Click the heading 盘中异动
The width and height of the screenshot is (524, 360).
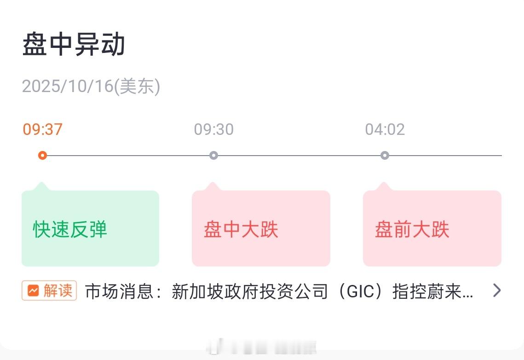[74, 45]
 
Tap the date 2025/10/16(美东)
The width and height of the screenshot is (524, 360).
[91, 86]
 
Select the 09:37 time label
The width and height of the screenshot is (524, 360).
[42, 129]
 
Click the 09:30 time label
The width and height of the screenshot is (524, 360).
[213, 129]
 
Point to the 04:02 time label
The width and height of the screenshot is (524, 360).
[385, 129]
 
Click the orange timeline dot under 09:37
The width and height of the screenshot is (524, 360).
[42, 156]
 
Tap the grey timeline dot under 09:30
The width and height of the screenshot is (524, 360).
[213, 156]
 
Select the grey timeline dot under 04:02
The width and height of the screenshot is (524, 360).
[385, 156]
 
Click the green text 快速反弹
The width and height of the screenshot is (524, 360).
[70, 229]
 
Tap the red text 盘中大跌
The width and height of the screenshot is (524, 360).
[241, 229]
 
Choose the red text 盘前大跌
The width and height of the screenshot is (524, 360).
[412, 229]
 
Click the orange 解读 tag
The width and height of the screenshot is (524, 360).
[49, 291]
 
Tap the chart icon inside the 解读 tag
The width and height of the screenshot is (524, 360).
[33, 291]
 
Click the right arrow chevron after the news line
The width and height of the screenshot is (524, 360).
[496, 290]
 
